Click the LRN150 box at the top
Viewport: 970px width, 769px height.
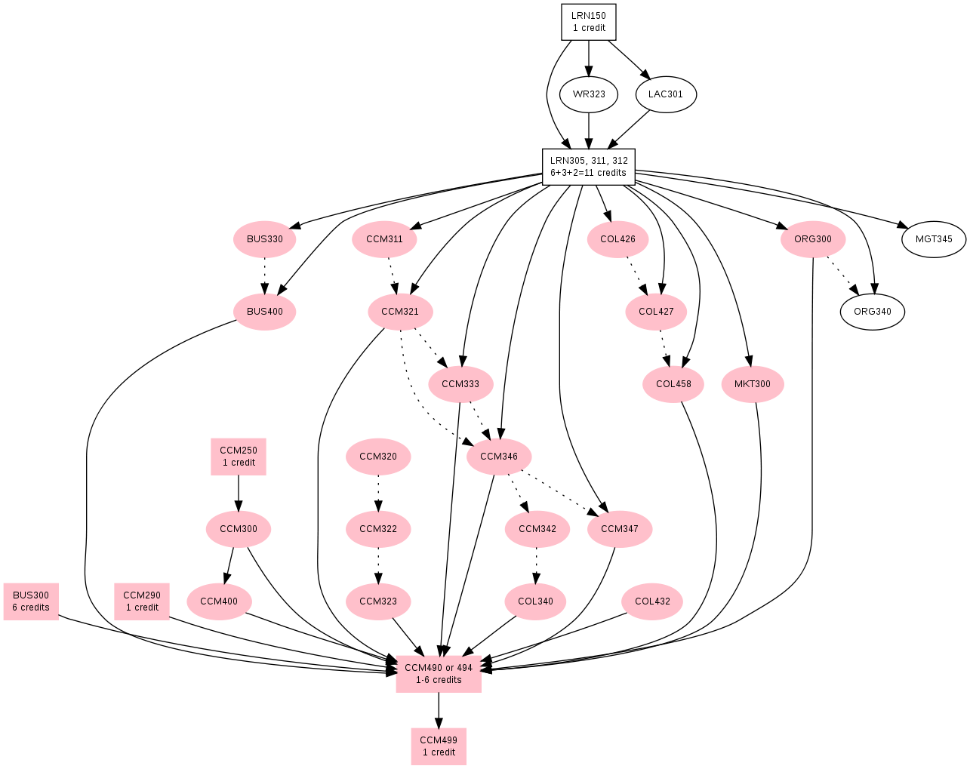click(589, 22)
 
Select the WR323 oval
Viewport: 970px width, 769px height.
click(589, 94)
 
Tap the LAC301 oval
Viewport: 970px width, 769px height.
click(665, 94)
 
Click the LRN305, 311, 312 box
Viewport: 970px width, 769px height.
click(589, 167)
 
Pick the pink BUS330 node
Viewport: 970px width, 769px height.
click(264, 239)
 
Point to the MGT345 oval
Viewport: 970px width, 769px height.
click(934, 239)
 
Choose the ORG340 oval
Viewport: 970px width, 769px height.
click(872, 312)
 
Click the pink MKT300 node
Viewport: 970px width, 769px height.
click(753, 384)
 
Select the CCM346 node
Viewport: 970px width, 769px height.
click(499, 457)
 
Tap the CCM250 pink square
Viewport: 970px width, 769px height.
click(239, 457)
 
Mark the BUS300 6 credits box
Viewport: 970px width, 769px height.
click(31, 601)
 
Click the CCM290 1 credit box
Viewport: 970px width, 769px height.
click(142, 601)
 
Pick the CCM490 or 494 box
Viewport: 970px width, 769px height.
click(439, 674)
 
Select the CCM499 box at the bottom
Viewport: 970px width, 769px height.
click(439, 746)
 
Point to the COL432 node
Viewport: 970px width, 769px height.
click(652, 601)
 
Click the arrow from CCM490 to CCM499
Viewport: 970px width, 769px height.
click(439, 710)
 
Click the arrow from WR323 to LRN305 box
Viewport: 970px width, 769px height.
click(589, 131)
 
